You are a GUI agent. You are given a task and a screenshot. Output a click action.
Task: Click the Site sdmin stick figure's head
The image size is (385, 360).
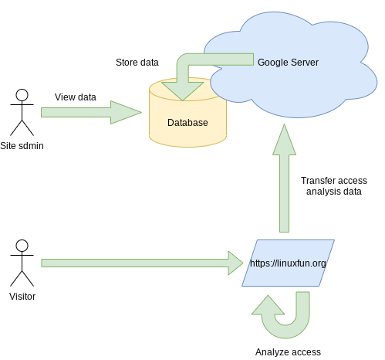point(22,95)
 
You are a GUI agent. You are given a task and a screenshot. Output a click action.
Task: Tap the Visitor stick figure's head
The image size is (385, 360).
point(22,246)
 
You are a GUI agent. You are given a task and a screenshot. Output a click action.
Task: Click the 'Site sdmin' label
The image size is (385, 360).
point(22,146)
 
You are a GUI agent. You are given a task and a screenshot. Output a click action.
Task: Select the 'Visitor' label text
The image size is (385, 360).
point(22,297)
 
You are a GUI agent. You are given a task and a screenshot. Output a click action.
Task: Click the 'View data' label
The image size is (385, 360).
point(76,97)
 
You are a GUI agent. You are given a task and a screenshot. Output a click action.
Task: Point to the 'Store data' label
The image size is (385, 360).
point(137,63)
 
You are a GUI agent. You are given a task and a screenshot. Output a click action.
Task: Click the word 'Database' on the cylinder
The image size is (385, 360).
point(187,123)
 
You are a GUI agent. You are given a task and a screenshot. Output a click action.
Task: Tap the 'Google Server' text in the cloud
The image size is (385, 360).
point(288,63)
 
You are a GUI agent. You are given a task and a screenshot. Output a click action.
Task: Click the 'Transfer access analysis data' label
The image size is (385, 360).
point(334,186)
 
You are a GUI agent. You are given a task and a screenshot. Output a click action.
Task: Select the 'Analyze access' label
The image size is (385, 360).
point(288,352)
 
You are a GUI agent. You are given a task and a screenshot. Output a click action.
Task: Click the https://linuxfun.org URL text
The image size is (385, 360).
point(288,263)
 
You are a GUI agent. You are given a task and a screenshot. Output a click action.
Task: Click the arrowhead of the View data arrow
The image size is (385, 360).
point(126,112)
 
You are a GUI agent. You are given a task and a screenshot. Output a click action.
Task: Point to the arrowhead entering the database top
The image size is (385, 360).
point(183,91)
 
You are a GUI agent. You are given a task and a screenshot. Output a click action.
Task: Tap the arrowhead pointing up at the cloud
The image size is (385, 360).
point(284,140)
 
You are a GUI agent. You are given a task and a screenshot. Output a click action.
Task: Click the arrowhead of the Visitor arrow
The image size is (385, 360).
point(235,263)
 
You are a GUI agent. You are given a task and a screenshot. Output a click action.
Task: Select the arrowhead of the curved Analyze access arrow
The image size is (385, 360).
point(268,305)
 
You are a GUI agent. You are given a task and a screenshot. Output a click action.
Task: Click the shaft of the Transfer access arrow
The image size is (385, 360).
point(284,193)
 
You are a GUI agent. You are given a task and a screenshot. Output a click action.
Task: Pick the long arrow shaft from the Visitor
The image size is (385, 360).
point(135,263)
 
